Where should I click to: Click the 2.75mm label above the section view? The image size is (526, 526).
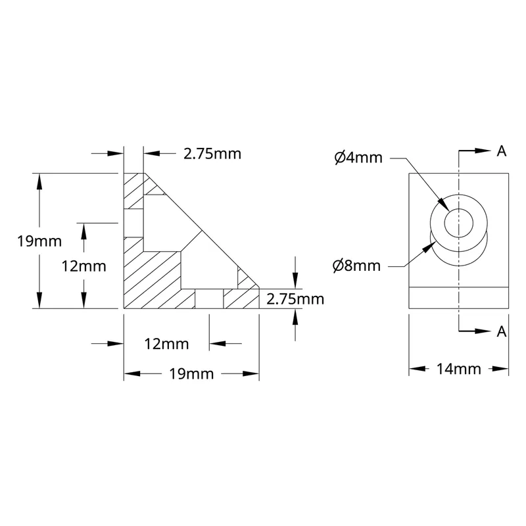[x=212, y=154]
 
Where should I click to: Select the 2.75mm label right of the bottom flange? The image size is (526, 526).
[x=295, y=299]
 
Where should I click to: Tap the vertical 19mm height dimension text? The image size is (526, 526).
[x=39, y=241]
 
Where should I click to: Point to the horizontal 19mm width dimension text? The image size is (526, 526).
[x=191, y=374]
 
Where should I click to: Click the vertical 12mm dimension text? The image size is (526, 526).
[x=84, y=266]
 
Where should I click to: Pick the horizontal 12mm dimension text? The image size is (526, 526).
[x=167, y=344]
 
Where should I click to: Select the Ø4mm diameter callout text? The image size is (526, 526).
[x=358, y=158]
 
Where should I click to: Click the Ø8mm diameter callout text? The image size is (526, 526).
[x=356, y=266]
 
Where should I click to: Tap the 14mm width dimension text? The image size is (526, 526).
[x=458, y=369]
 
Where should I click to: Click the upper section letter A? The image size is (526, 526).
[x=502, y=151]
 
